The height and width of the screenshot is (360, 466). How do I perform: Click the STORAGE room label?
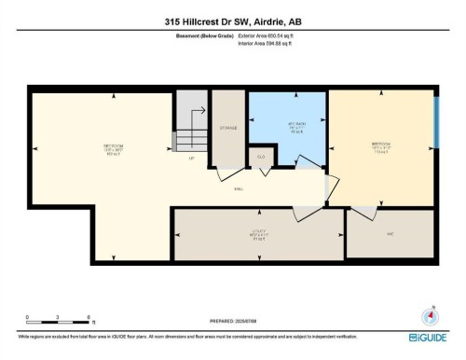click(x=228, y=128)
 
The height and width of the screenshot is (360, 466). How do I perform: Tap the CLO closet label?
click(x=261, y=157)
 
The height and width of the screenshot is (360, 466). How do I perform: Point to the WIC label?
click(x=390, y=235)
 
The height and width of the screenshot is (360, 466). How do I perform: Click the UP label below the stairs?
click(x=191, y=159)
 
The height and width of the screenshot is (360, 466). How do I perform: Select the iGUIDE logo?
click(x=428, y=337)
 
